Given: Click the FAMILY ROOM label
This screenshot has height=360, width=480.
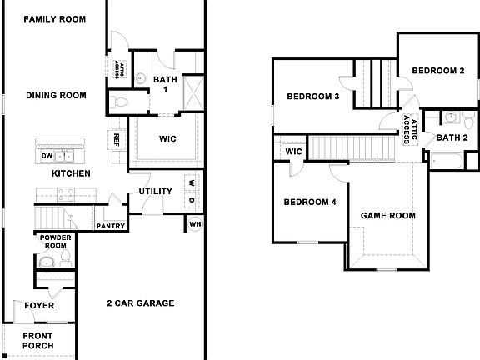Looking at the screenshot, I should click(x=54, y=18).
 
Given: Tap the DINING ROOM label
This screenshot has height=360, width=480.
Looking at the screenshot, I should click(x=56, y=96).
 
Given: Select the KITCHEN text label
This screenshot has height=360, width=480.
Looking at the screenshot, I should click(x=72, y=173).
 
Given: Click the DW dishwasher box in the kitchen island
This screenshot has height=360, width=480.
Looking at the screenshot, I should click(x=47, y=156).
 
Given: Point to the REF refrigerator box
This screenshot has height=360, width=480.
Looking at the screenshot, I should click(x=117, y=138).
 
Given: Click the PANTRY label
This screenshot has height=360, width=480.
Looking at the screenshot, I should click(x=110, y=226).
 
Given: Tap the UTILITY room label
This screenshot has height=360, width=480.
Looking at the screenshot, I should click(x=156, y=192).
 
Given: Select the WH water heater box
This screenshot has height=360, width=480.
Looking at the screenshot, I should click(x=195, y=223).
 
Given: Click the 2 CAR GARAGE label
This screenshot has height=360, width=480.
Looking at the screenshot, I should click(x=141, y=303).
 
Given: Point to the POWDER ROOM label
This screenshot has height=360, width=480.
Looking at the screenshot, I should click(x=55, y=241).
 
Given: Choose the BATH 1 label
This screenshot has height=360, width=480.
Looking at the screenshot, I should click(x=164, y=84).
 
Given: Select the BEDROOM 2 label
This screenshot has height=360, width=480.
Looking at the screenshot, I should click(x=438, y=70).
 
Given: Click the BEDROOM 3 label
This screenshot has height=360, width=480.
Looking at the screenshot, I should click(x=312, y=97).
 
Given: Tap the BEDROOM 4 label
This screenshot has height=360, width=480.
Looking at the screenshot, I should click(x=309, y=202).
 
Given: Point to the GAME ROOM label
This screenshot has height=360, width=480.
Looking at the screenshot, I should click(x=387, y=215).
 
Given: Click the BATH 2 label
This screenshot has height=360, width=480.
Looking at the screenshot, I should click(x=452, y=137).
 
